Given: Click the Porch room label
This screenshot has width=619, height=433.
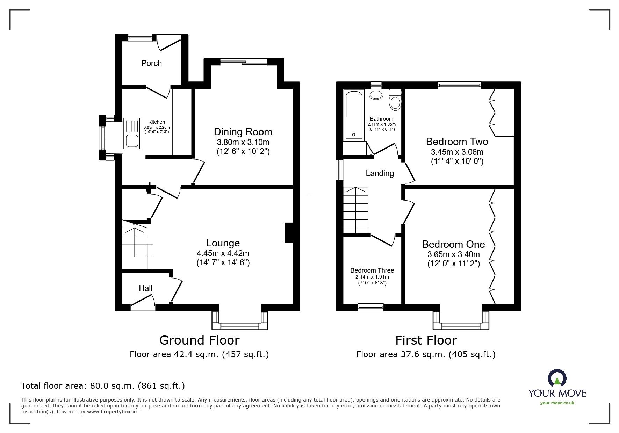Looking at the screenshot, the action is pos(151,63).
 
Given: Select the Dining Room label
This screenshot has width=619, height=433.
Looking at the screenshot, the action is pos(243,132).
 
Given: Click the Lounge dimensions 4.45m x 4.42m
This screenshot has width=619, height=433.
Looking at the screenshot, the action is pos(223,253).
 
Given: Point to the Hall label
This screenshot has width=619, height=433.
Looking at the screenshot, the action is pos(145,288).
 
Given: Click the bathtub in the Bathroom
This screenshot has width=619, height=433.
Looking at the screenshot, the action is pos(354,115).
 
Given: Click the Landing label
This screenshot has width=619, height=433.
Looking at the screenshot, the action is pos(380,173).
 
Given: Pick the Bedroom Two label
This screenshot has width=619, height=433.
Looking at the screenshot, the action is pos(457,142).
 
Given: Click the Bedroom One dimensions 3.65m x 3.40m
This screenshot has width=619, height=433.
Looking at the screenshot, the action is pos(453,254).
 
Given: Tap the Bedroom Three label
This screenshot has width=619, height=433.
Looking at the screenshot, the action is pos(372,270).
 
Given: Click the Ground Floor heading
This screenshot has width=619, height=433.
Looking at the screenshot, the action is pos(199,340).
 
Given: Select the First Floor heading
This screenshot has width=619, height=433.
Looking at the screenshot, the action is pos(426,340).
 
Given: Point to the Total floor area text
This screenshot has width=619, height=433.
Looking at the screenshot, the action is pos(103,386).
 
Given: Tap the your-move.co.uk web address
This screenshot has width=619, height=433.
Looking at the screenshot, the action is pos(557,403).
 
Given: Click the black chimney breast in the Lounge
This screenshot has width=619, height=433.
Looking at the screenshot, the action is pos(289,232).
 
